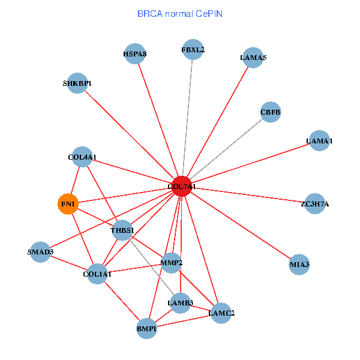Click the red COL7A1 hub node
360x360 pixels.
(x=182, y=187)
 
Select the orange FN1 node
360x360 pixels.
(x=68, y=204)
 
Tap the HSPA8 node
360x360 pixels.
(x=135, y=54)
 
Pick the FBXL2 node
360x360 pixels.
(x=193, y=50)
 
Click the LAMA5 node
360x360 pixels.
(x=253, y=58)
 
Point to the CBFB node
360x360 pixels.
(x=271, y=112)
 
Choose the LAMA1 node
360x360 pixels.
(x=319, y=140)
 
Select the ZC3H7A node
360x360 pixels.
(x=315, y=203)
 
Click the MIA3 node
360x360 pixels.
(x=299, y=265)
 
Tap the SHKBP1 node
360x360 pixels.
(x=77, y=83)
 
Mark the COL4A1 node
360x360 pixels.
(x=82, y=157)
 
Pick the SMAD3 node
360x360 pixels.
(x=40, y=252)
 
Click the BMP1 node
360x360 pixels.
(x=146, y=329)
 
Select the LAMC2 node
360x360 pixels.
(x=221, y=313)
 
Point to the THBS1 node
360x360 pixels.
(x=122, y=230)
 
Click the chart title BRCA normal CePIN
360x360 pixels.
(x=180, y=14)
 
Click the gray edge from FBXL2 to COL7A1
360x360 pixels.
(x=187, y=118)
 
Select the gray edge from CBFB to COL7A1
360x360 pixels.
(x=226, y=149)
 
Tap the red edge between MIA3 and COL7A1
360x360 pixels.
(x=241, y=226)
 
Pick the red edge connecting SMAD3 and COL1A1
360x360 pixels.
(x=68, y=263)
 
